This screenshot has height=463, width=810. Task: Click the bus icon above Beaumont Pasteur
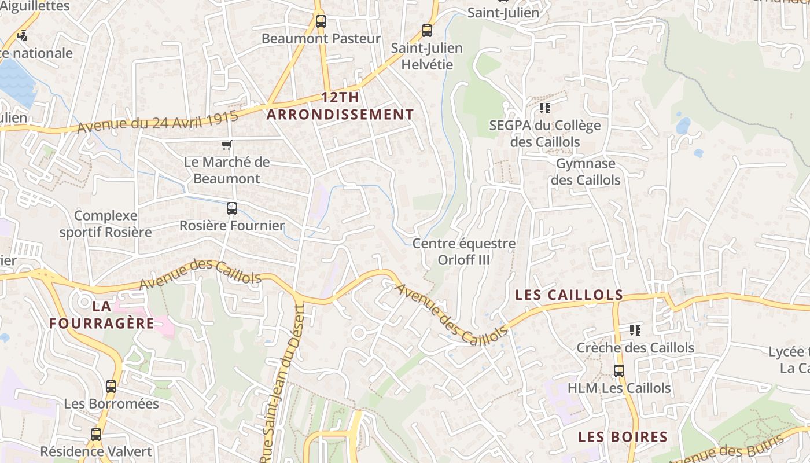point(321,21)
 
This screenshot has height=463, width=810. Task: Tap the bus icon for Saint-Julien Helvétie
point(427,31)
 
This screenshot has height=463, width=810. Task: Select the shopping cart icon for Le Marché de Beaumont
point(227,145)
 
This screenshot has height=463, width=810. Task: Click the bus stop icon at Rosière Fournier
point(232,208)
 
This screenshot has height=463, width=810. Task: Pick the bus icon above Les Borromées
point(111,387)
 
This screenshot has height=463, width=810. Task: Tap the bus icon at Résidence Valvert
point(96,434)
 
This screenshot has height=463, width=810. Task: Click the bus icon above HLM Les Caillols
point(619,371)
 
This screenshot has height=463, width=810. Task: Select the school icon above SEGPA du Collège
point(544,108)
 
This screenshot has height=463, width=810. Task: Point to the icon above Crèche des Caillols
point(635,330)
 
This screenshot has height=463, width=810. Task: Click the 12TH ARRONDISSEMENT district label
point(340,106)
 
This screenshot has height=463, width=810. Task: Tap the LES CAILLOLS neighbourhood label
point(569,295)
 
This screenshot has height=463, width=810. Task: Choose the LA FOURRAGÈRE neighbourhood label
point(102,314)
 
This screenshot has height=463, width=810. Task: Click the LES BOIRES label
point(623,437)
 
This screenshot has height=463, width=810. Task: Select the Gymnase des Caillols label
point(586,172)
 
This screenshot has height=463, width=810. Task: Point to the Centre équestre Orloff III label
point(463,252)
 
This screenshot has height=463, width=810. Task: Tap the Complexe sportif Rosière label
point(106,224)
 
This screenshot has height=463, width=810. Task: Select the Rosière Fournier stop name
point(232,226)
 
